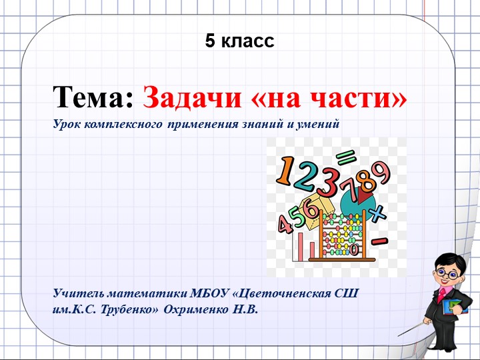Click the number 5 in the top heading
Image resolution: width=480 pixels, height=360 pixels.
tap(210, 41)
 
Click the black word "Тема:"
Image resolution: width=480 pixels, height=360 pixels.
tap(94, 98)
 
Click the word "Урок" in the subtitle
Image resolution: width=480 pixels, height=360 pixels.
tap(67, 124)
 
